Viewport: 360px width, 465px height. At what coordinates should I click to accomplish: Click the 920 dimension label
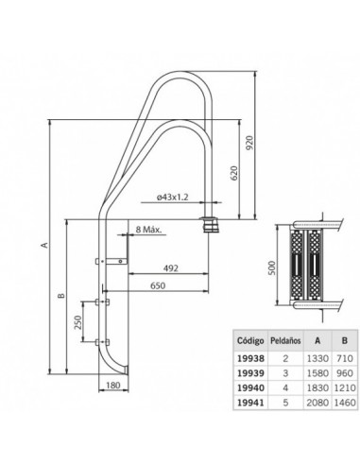[249, 143]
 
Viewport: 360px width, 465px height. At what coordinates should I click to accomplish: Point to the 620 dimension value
[234, 173]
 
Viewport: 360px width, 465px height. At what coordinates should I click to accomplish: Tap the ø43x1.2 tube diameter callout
[172, 198]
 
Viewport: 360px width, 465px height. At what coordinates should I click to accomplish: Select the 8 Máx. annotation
[148, 229]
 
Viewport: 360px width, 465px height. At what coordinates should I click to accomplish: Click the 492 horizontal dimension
[171, 268]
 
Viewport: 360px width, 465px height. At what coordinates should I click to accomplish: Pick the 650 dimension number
[158, 285]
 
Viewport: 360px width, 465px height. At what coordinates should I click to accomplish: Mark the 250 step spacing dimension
[77, 322]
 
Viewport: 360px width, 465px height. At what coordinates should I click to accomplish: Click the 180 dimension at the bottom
[113, 385]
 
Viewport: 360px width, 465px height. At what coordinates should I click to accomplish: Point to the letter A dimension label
[45, 245]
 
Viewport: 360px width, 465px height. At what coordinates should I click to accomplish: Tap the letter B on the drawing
[61, 296]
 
